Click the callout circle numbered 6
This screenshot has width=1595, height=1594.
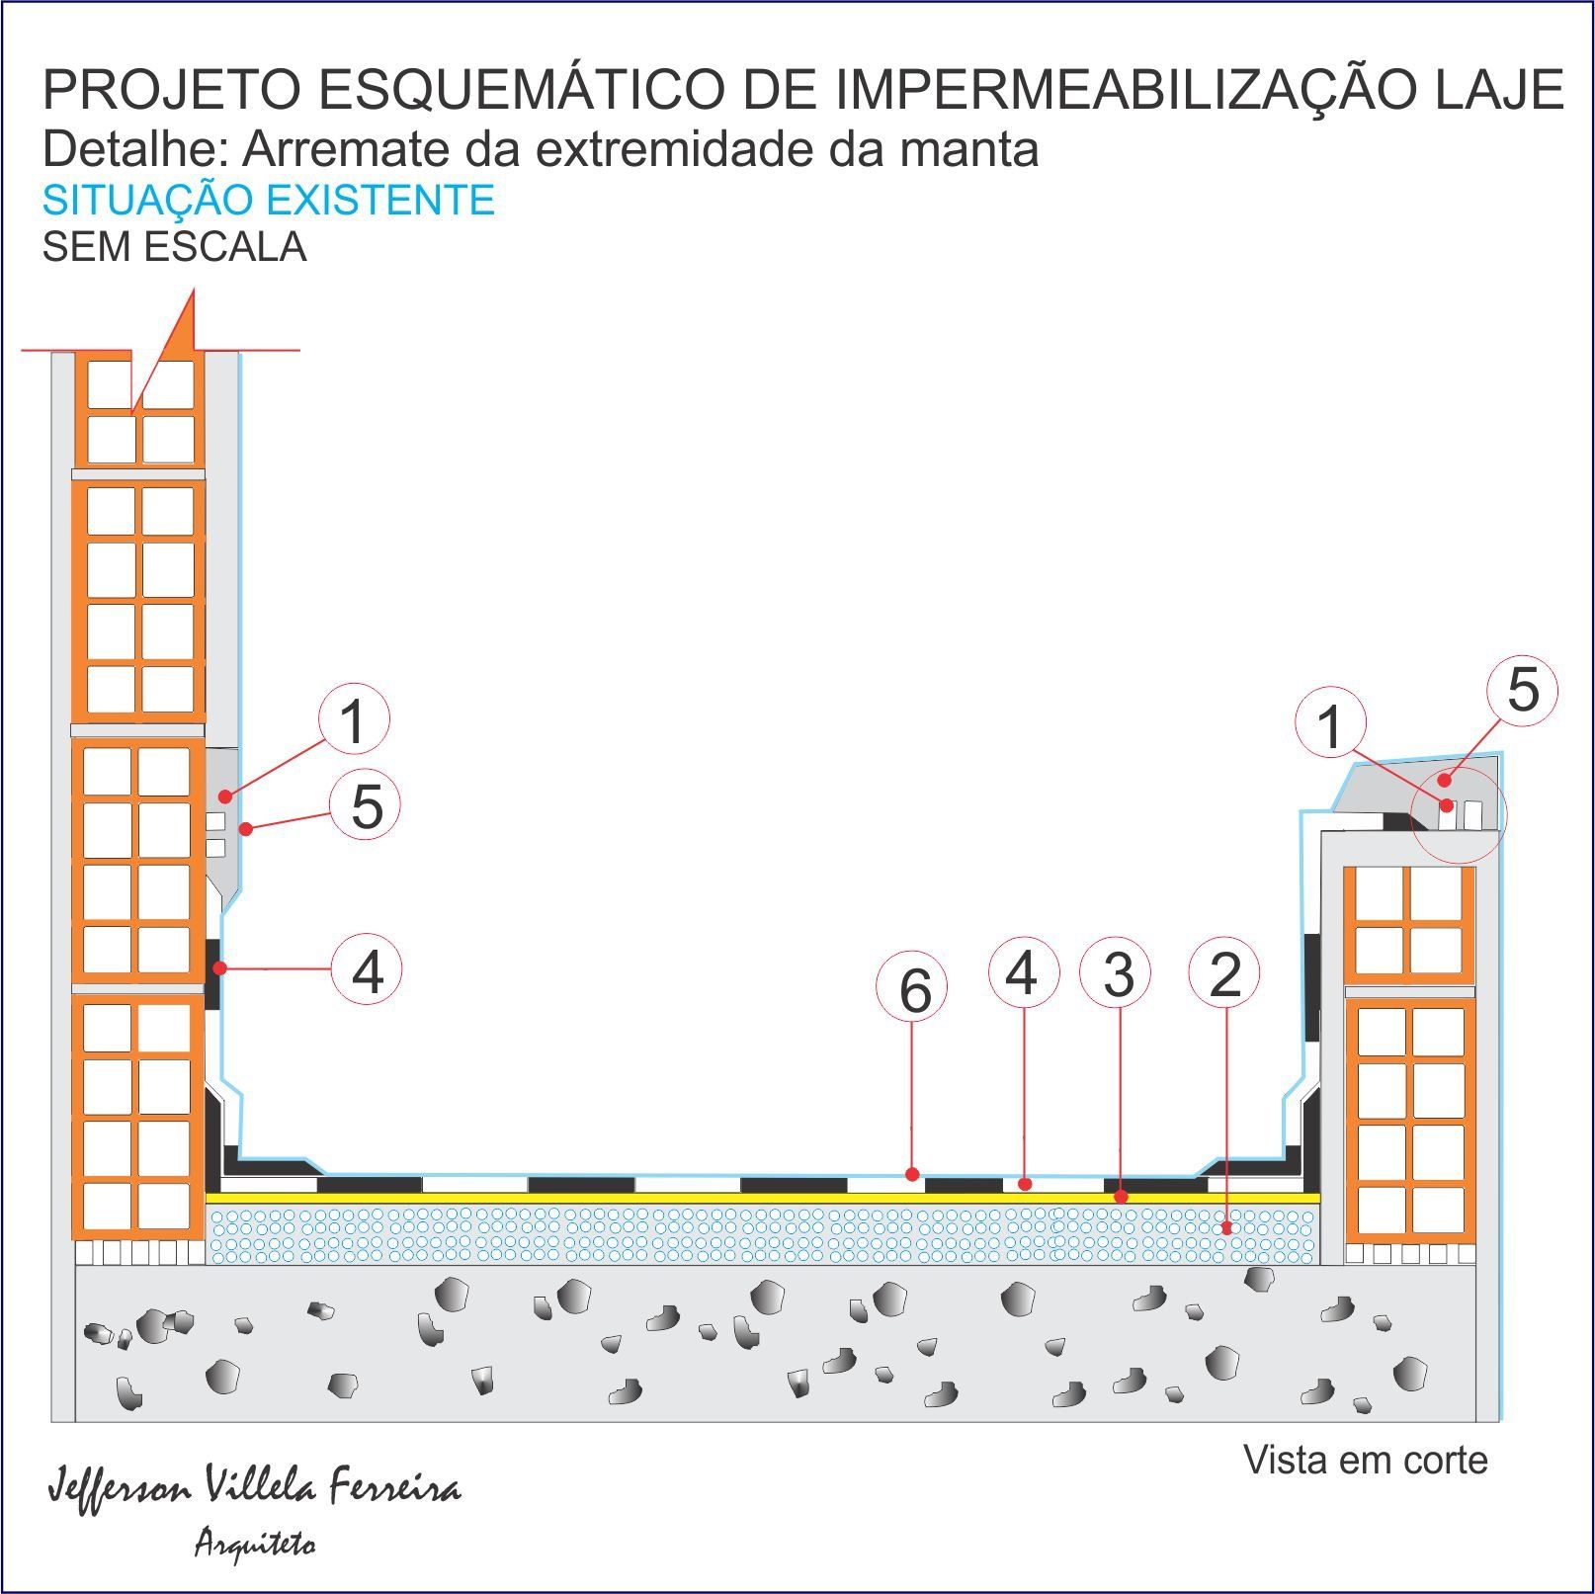[914, 989]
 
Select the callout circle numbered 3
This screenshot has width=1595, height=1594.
[1119, 973]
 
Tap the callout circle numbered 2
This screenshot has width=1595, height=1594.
[1225, 973]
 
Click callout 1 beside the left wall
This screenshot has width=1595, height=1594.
[353, 720]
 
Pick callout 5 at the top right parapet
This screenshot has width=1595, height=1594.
[1523, 690]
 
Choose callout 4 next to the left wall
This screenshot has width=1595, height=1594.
[367, 969]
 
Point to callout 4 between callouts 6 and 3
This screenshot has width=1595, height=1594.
[1024, 972]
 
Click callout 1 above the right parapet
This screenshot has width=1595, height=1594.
[1330, 726]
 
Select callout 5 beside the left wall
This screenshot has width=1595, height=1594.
[365, 805]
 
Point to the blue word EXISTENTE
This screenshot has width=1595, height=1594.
[380, 201]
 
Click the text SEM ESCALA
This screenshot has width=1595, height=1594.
[174, 246]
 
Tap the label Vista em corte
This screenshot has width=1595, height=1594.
[1365, 1460]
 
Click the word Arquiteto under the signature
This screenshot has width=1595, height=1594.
[255, 1542]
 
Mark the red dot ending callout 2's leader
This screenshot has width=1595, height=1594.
[1226, 1228]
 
